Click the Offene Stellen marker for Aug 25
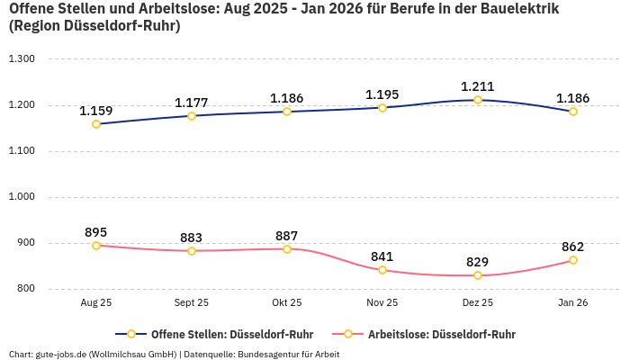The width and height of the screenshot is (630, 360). click(96, 124)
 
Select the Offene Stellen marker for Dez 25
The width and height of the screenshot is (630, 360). click(478, 100)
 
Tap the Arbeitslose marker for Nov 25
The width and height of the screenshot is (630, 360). click(382, 270)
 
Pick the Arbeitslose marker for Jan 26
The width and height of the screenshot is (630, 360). click(573, 260)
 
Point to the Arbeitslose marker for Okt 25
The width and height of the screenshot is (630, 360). click(287, 249)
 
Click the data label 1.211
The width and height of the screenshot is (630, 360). click(478, 86)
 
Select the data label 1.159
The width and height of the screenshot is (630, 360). click(96, 111)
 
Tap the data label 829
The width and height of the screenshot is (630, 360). click(478, 262)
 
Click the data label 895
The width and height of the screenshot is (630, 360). click(96, 232)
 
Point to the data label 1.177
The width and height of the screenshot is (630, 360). click(192, 103)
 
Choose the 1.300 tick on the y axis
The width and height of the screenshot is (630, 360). click(21, 59)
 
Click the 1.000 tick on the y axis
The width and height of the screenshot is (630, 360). click(21, 197)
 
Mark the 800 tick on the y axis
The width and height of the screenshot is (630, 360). click(24, 289)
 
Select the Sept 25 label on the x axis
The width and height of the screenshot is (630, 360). click(192, 304)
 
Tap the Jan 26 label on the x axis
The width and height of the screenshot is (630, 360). click(573, 304)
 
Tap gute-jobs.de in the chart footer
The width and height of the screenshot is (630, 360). click(59, 354)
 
